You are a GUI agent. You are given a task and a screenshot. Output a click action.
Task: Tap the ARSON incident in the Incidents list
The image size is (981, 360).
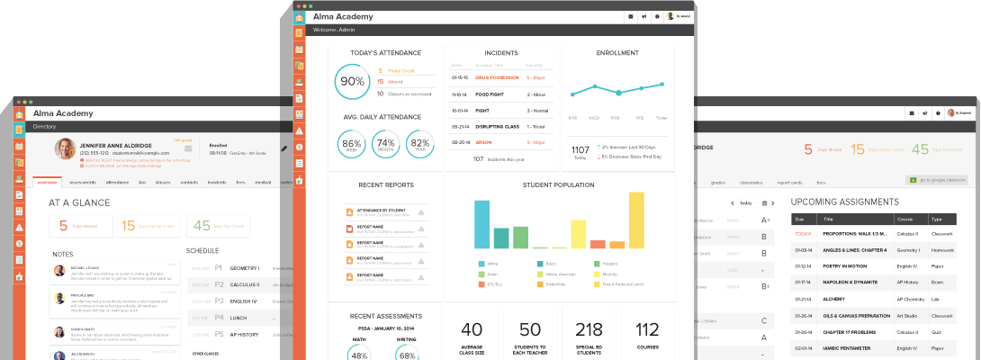[483, 142]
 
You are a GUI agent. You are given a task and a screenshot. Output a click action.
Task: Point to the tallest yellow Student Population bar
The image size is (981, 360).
[635, 220]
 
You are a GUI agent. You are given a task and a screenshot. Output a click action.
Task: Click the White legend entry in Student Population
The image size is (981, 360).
[491, 264]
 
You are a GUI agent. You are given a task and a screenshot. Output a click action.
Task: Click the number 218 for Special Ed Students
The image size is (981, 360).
[589, 329]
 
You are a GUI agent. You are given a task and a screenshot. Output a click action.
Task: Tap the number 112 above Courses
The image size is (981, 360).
[647, 329]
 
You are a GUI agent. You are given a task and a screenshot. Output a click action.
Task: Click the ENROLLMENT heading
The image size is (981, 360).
[617, 53]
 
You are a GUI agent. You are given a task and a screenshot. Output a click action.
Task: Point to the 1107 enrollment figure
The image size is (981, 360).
[580, 148]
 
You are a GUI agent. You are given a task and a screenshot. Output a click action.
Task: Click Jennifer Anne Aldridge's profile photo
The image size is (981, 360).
[65, 148]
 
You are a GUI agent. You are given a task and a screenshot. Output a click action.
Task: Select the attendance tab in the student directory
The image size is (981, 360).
[117, 182]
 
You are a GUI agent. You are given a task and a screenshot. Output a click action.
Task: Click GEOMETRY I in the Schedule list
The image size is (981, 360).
[244, 268]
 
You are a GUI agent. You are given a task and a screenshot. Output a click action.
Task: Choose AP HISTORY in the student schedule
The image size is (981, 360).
[245, 333]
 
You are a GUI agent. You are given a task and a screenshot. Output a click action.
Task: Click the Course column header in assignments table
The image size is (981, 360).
[905, 219]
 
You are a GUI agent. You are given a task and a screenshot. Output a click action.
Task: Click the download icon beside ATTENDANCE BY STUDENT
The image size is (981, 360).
[420, 212]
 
